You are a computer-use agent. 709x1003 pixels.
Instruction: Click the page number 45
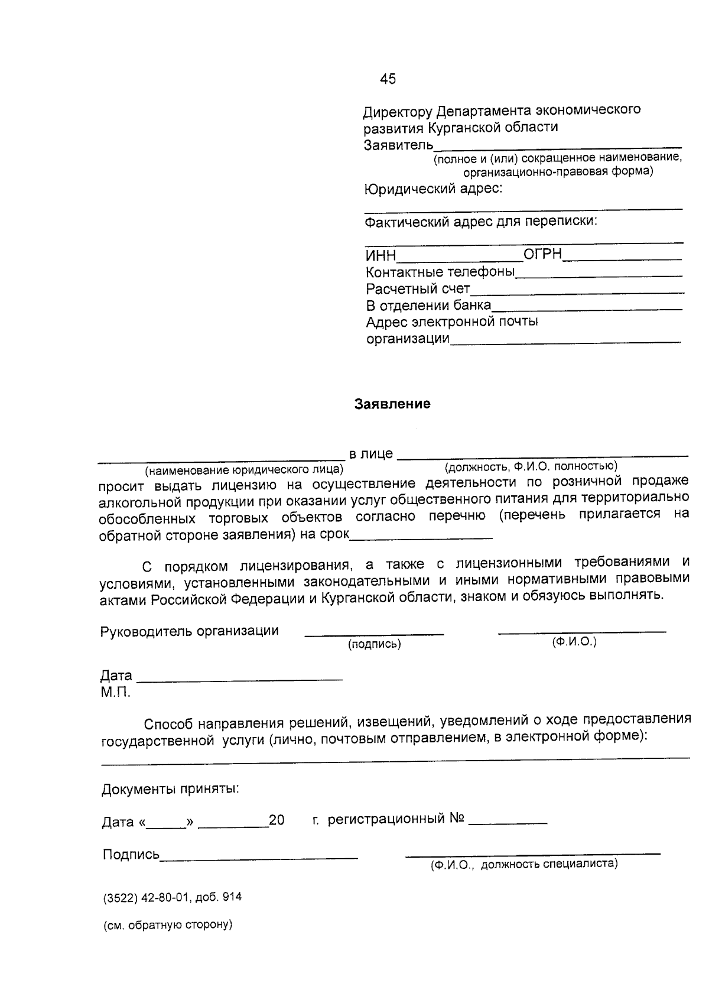(x=388, y=79)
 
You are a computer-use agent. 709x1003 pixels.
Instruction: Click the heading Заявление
(x=392, y=404)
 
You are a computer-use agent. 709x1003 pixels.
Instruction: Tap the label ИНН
(x=380, y=257)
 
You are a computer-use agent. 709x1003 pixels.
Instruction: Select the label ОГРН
(x=542, y=255)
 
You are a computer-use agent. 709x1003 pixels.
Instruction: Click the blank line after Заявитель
(x=557, y=145)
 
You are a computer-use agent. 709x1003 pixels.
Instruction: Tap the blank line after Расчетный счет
(x=577, y=292)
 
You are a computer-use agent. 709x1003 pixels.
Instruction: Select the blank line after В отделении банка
(x=586, y=309)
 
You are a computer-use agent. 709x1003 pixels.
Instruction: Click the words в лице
(x=370, y=454)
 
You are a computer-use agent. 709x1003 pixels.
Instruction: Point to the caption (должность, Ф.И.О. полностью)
(x=531, y=467)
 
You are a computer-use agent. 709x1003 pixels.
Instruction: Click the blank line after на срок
(x=421, y=537)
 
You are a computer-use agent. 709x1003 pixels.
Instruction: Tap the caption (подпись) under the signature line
(x=374, y=644)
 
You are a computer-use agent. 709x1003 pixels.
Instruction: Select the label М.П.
(x=115, y=692)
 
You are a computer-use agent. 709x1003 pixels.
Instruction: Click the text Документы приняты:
(x=171, y=789)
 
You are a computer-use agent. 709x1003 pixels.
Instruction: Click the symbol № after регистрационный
(x=457, y=819)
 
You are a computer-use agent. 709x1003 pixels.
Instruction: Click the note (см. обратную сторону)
(x=168, y=925)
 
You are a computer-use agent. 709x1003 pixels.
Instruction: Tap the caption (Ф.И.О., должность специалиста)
(x=523, y=865)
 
